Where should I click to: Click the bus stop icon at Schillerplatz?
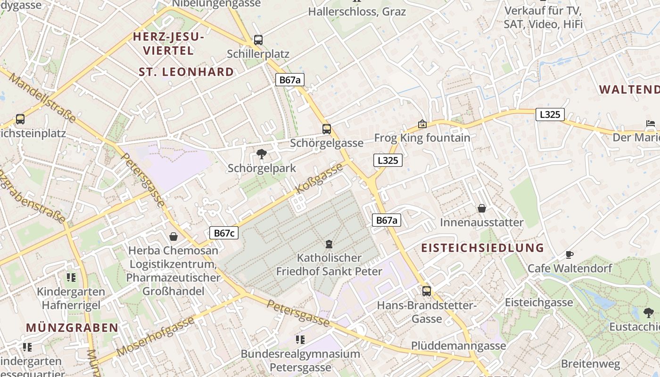tap(258, 40)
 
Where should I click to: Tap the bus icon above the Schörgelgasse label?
tap(326, 129)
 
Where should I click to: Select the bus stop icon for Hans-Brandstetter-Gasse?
tap(427, 291)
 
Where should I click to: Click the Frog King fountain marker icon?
tap(422, 124)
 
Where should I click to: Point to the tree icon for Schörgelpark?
tap(262, 154)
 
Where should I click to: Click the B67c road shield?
tap(224, 233)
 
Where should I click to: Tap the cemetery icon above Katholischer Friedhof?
tap(329, 244)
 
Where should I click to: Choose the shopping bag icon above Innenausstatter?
tap(482, 208)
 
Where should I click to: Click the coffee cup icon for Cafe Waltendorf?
tap(569, 254)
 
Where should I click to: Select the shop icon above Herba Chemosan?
tap(173, 236)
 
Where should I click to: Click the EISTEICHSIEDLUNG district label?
tap(482, 248)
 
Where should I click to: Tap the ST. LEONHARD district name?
tap(186, 72)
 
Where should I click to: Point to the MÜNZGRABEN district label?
tap(72, 328)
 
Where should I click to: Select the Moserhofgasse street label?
tap(155, 336)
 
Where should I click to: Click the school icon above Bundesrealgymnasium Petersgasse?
tap(300, 339)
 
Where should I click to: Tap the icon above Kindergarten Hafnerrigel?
tap(71, 277)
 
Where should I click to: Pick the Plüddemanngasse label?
tap(458, 345)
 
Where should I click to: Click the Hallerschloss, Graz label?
tap(357, 11)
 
